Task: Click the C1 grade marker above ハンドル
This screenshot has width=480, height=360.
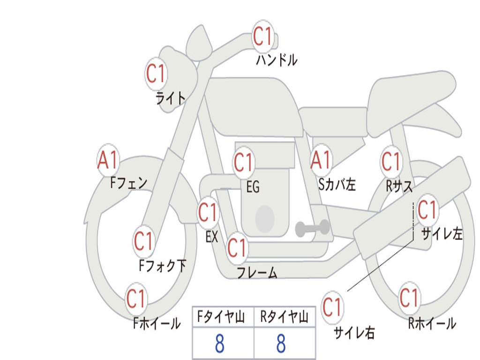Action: coord(263,37)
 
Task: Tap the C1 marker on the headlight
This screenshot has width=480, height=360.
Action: coord(156,74)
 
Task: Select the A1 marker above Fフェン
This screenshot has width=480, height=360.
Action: coord(108,160)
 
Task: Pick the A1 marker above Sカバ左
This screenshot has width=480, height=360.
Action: coord(321,160)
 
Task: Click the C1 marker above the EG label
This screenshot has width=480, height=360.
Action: coord(244,162)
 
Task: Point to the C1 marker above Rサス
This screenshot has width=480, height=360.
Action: coord(391,161)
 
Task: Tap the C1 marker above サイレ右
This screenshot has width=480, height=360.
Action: coord(332,307)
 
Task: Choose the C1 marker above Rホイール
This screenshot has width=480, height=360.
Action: coord(409,298)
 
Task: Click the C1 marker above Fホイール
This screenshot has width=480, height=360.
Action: coord(136,299)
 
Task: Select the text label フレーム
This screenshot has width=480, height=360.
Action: coord(257,273)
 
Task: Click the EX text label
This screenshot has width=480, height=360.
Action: coord(212,237)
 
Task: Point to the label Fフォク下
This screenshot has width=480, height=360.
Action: coord(162,266)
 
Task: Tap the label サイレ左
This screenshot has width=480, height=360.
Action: coord(442,234)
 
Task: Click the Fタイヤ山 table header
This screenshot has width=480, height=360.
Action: coord(221,317)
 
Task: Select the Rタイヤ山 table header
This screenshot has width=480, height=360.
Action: coord(285,317)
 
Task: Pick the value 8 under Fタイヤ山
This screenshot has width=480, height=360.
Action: coord(220,343)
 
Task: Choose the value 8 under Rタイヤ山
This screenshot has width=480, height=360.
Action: coord(281,343)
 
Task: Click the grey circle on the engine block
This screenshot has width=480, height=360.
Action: coord(265,219)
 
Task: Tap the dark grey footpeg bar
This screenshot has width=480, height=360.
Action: coord(312,228)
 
